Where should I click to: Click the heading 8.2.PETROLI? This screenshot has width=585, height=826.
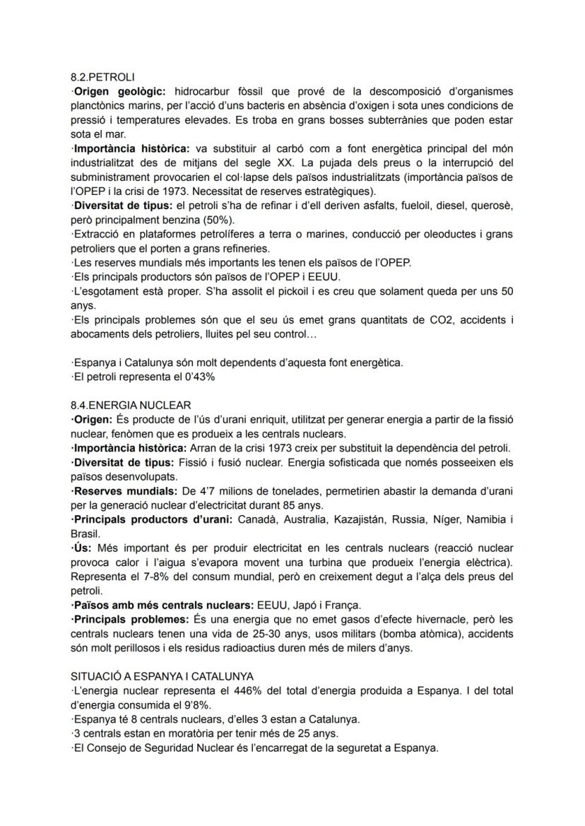(102, 76)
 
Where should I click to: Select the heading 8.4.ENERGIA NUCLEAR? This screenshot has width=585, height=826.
(131, 405)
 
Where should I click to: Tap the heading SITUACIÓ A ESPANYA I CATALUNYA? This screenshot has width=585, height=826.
(162, 676)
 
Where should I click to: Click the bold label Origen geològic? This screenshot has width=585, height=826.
(119, 92)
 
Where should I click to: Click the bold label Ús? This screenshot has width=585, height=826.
(82, 548)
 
